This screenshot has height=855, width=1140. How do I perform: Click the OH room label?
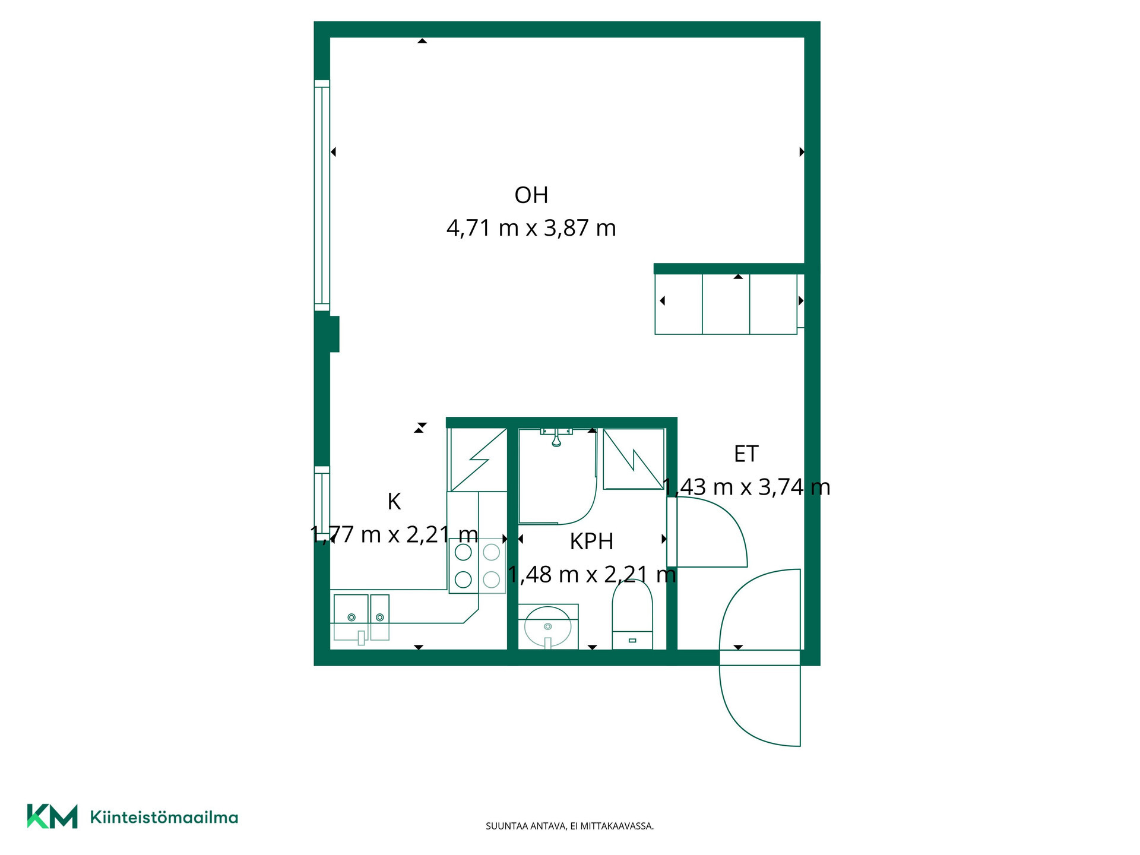coord(531,195)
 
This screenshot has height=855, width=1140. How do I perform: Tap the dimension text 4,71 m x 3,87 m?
coord(531,228)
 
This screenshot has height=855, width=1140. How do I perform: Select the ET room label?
coord(746,454)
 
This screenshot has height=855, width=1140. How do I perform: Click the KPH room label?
coord(591,541)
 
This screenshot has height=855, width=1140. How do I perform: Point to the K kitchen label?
coord(394,502)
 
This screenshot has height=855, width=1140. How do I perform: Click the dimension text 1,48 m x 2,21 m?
coord(591,575)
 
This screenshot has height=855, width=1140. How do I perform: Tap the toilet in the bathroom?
coord(632,614)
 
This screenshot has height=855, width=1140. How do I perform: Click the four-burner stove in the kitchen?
coord(477,566)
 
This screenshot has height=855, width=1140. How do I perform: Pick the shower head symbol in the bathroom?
coord(556,436)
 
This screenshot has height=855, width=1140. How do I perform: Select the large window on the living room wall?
coord(322,195)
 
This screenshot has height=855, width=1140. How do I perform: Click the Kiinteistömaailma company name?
coord(164,817)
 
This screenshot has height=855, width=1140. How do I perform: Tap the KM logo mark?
coord(52,816)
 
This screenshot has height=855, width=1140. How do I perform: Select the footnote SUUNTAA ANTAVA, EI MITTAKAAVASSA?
coord(569,826)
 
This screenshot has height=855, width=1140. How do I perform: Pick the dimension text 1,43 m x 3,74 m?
coord(746,487)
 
